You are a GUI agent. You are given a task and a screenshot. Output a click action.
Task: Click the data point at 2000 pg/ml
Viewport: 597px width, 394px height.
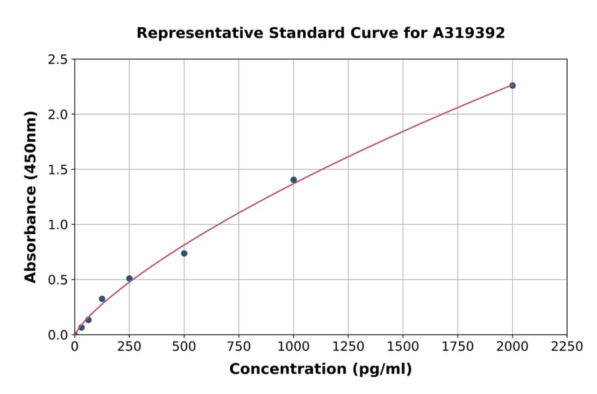pos(512,86)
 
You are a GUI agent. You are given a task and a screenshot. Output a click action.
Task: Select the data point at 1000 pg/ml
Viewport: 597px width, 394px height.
pos(293,180)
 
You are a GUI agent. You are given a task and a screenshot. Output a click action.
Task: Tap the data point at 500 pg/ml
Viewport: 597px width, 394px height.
pos(184,253)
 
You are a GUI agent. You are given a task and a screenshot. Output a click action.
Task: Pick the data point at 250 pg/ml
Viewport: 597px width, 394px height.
pos(129,279)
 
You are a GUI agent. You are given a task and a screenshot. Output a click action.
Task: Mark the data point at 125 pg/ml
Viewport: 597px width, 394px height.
pos(102,299)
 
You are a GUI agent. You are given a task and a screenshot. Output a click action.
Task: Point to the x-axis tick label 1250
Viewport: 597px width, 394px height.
pos(348,346)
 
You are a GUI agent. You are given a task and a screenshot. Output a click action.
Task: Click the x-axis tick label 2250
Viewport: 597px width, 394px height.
pos(567,346)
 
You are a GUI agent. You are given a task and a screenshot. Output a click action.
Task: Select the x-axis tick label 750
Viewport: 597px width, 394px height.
pos(239,346)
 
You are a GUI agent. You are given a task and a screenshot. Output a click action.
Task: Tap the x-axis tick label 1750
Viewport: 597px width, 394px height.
pos(458,346)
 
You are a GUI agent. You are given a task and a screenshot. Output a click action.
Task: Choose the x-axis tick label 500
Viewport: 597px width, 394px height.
pos(184,346)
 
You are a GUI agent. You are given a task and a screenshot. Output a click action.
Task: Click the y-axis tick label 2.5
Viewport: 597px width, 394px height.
pos(58,60)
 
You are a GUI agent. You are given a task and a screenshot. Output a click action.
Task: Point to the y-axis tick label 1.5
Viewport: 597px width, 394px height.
pos(58,170)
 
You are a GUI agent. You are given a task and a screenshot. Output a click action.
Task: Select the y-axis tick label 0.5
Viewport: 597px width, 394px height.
pos(58,280)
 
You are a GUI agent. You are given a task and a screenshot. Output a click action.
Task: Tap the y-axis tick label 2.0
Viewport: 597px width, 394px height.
pos(58,115)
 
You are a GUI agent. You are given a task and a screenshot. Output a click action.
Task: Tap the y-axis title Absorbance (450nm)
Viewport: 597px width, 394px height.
pos(31,197)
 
